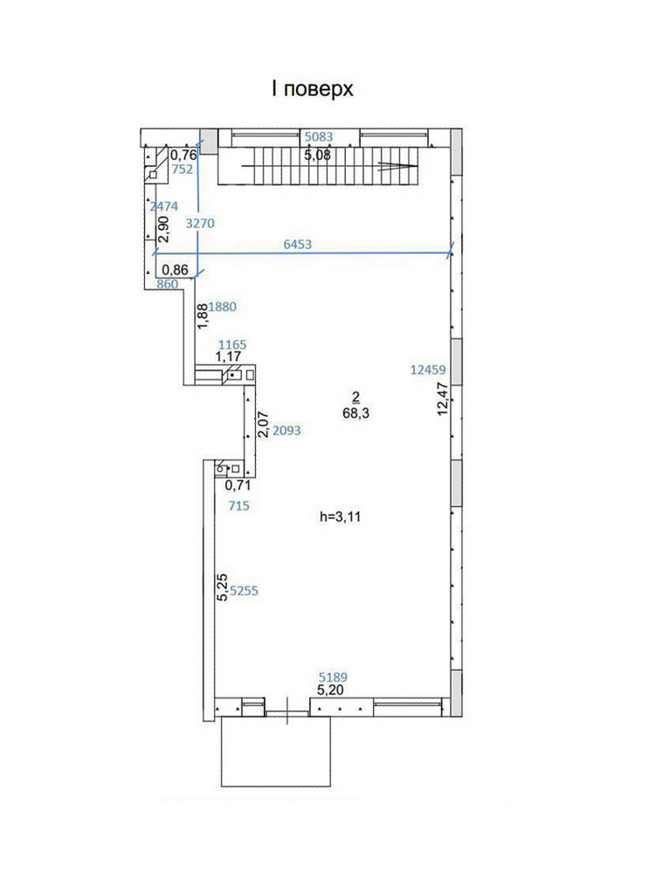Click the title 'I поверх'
coord(313,89)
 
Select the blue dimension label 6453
coord(298,244)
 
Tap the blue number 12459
coord(428,370)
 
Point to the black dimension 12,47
coord(444,399)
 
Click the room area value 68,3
coord(356,413)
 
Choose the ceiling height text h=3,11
coord(341,517)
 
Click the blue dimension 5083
coord(319,136)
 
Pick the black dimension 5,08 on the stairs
coord(318,155)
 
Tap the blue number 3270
coord(200,224)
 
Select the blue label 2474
coord(164,206)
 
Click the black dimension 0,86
coord(175,270)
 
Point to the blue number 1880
coord(222,307)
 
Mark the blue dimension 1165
coord(232,345)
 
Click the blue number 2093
coord(286,430)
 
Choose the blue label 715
coord(239,506)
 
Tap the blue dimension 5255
coord(244,591)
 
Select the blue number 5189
coord(333,677)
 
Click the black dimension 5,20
coord(330,690)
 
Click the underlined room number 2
coord(356,397)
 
